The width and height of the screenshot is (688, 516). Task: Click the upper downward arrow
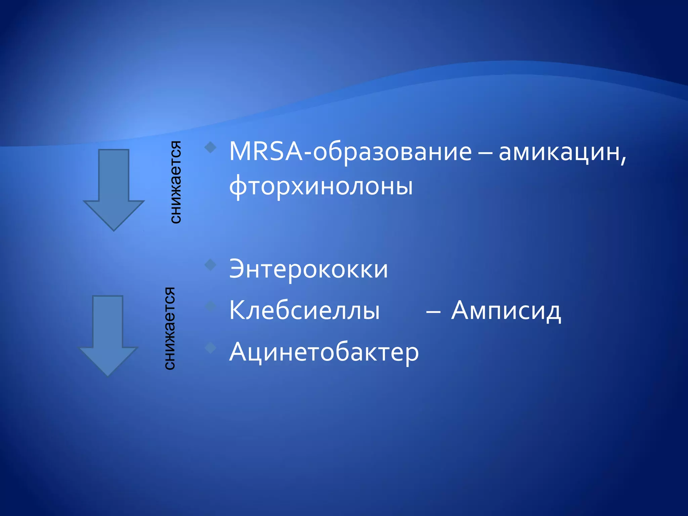[x=114, y=188]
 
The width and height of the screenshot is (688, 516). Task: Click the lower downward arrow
[x=108, y=334]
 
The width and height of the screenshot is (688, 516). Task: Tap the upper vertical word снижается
[x=175, y=182]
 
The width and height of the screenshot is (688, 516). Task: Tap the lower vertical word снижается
[x=170, y=328]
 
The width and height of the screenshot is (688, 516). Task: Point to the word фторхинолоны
[x=321, y=186]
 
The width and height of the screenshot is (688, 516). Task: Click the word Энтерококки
[x=308, y=269]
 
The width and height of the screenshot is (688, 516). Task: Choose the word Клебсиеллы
[x=304, y=310]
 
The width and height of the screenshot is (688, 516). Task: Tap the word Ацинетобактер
[x=324, y=352]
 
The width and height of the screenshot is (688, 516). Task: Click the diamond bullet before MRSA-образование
[x=210, y=147]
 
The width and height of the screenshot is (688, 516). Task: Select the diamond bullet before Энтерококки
[x=210, y=264]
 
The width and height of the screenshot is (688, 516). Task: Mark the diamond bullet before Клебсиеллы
[x=210, y=306]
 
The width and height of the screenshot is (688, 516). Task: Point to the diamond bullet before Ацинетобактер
[x=210, y=347]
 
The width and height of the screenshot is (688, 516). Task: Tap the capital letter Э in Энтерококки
[x=239, y=269]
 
